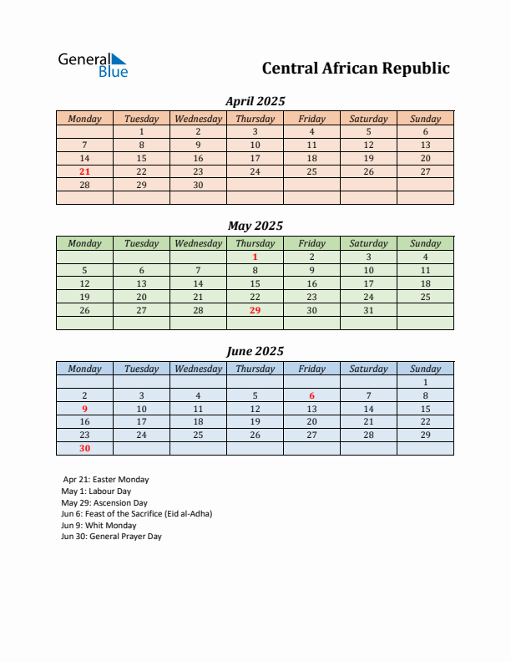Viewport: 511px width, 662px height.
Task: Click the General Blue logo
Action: tap(93, 65)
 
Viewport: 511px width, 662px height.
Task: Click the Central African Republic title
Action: tap(356, 69)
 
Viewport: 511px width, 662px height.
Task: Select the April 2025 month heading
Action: tap(255, 101)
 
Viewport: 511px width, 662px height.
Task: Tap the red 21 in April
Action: tap(84, 171)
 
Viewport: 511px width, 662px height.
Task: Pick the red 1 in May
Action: tap(255, 257)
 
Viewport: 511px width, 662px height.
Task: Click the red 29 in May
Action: tap(255, 310)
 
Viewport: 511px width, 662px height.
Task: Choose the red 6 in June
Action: tap(312, 396)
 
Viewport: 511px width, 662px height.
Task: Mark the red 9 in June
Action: tap(84, 410)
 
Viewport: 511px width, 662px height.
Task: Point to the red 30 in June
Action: tap(84, 448)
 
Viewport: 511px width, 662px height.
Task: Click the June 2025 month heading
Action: tap(255, 352)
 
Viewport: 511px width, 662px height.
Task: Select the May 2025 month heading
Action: tap(255, 226)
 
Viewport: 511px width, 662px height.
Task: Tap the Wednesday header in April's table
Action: tap(198, 119)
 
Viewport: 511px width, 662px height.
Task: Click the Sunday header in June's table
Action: tap(425, 369)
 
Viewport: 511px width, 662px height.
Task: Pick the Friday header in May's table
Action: tap(312, 243)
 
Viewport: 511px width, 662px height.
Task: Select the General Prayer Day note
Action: tap(111, 537)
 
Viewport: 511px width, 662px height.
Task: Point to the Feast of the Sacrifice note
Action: tap(136, 514)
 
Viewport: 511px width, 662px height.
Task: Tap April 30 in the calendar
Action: tap(198, 185)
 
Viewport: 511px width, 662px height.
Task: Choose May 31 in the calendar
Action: tap(368, 310)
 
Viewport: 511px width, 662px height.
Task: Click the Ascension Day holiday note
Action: tap(104, 503)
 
